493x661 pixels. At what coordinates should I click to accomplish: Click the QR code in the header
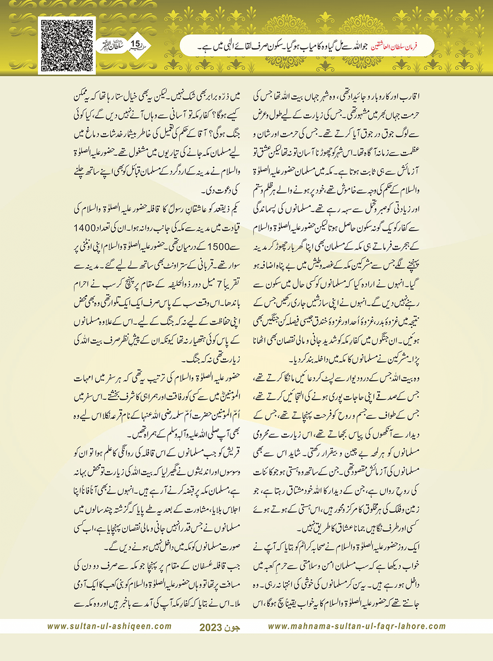click(67, 46)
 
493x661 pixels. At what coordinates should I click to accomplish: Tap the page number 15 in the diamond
click(135, 44)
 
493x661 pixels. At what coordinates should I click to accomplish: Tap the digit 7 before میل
click(221, 284)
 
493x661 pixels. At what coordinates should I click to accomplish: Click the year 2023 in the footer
click(210, 627)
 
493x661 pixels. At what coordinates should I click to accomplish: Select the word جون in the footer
click(231, 627)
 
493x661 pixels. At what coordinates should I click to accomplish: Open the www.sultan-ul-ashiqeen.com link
click(109, 626)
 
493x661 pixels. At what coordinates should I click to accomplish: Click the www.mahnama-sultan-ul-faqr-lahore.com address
click(357, 626)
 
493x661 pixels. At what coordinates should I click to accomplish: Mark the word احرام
click(84, 284)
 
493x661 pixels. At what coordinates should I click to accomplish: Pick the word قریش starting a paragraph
click(232, 453)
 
